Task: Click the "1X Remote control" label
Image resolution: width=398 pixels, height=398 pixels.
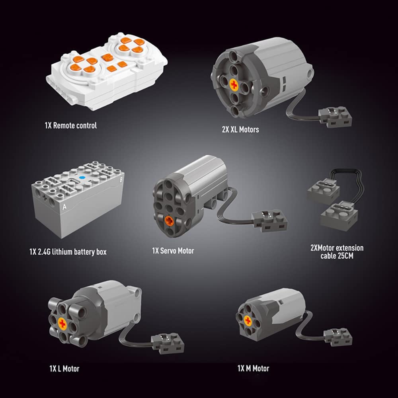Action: tap(71, 125)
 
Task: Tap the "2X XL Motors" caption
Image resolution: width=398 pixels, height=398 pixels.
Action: tap(240, 129)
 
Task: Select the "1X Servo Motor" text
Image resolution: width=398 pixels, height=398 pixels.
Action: tap(173, 251)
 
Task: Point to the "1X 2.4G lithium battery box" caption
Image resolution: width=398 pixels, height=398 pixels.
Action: tap(68, 252)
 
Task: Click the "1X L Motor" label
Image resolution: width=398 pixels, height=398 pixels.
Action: tap(64, 369)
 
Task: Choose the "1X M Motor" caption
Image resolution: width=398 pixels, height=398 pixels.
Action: tap(253, 368)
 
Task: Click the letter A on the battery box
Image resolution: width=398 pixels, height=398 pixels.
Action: tap(64, 207)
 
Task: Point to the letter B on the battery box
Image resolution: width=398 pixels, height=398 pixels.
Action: tap(121, 179)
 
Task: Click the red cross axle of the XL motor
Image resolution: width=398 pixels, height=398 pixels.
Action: tap(234, 84)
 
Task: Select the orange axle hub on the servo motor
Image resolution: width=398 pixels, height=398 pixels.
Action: tap(169, 220)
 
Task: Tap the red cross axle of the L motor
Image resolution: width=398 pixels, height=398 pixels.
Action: tap(62, 324)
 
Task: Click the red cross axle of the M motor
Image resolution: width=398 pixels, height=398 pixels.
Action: tap(248, 321)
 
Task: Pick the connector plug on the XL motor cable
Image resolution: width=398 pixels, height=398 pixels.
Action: tap(335, 117)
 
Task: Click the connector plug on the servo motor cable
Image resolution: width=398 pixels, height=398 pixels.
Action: tap(269, 220)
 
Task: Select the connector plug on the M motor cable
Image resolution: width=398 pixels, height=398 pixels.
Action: tap(338, 337)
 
